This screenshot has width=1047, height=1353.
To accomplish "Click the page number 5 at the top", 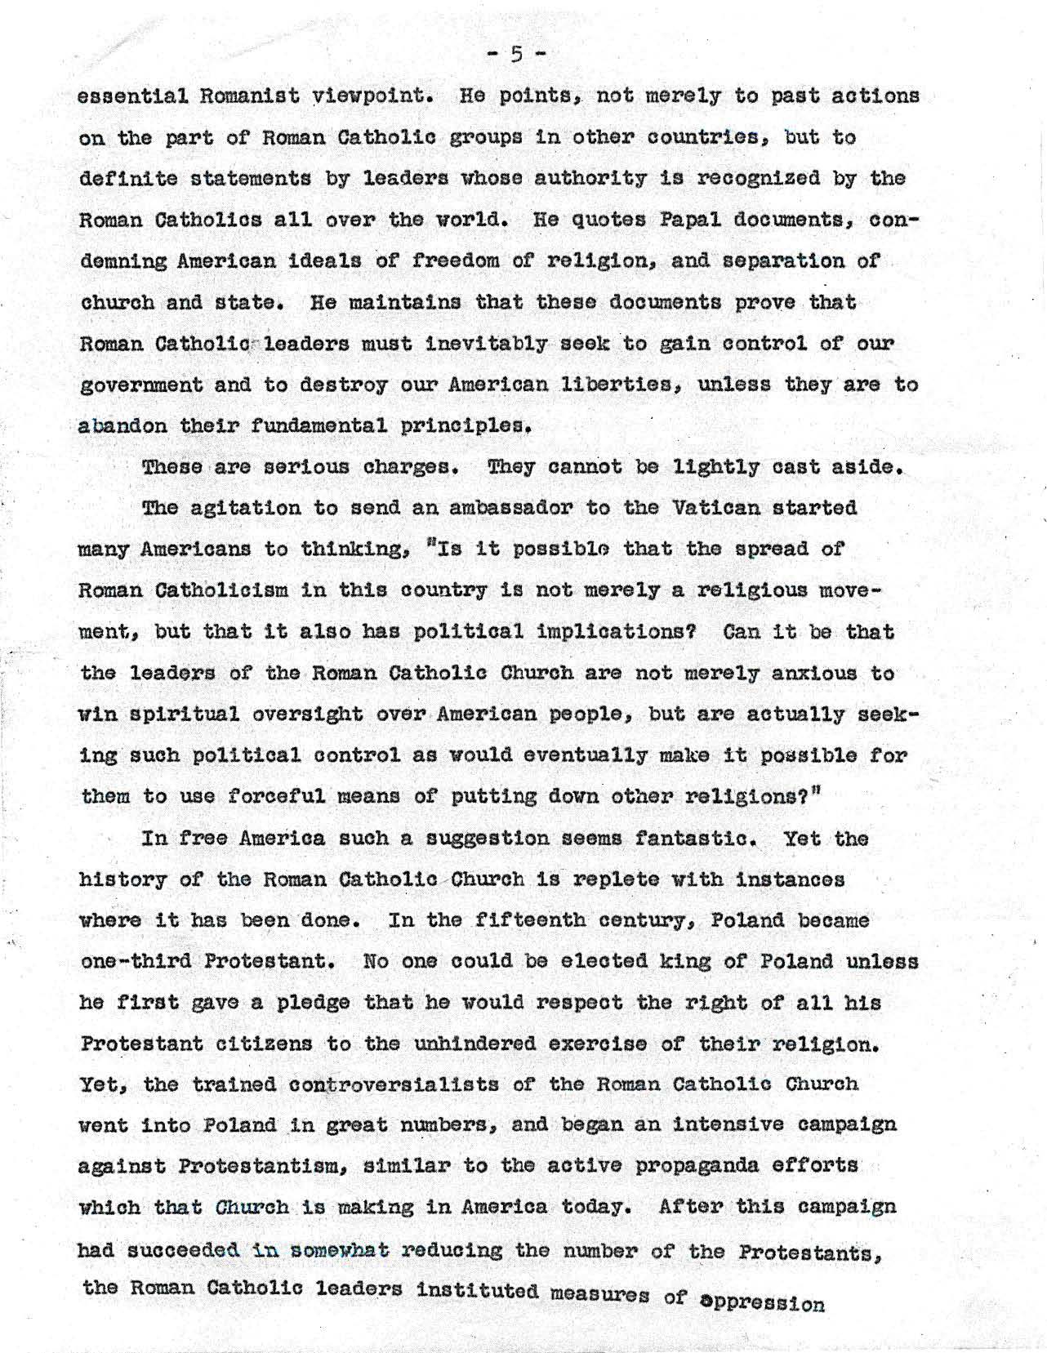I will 516,55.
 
